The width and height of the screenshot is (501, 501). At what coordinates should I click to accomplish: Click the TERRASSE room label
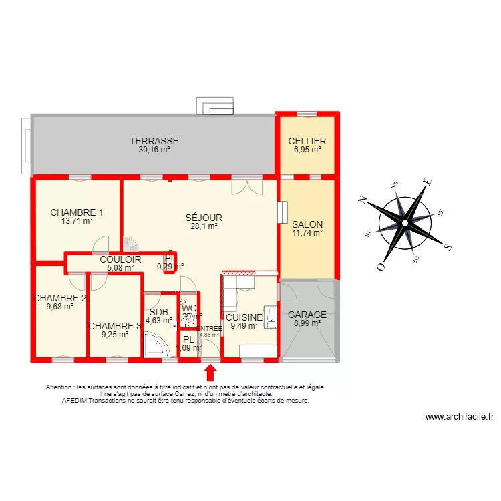(154, 141)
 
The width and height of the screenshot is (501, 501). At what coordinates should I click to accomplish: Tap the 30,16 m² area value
(154, 150)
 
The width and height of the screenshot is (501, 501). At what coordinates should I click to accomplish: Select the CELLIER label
(307, 141)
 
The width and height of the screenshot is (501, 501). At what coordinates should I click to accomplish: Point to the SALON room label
(307, 224)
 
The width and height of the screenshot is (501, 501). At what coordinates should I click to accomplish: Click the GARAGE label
(307, 315)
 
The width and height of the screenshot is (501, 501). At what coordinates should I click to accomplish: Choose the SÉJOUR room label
(204, 218)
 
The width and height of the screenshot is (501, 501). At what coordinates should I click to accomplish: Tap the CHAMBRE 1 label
(77, 212)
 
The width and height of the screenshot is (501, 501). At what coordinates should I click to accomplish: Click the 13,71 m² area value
(77, 221)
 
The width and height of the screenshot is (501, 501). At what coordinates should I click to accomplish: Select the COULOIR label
(120, 259)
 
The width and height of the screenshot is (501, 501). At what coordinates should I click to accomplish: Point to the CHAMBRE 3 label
(115, 326)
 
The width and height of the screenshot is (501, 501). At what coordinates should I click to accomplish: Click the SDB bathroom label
(159, 312)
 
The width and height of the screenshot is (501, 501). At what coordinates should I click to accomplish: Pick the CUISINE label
(244, 317)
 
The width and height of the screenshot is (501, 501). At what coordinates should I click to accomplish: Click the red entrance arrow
(210, 372)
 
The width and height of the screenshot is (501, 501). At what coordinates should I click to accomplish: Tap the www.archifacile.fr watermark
(460, 417)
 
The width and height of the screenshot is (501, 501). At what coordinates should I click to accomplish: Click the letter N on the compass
(363, 198)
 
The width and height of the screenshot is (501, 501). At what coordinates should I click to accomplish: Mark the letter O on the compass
(381, 266)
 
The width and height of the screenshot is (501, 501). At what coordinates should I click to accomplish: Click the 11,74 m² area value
(307, 233)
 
